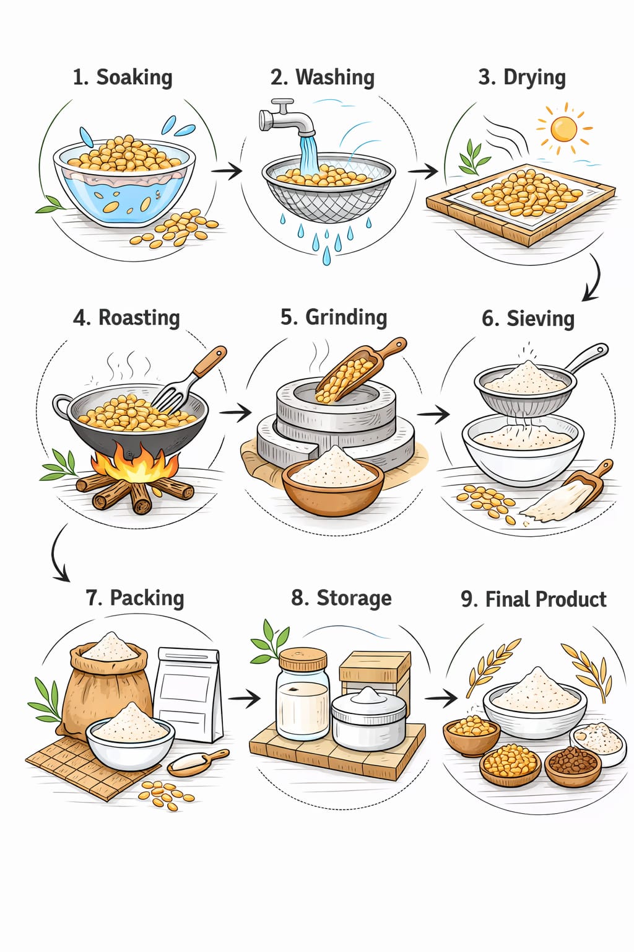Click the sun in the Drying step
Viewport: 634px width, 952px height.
(x=563, y=129)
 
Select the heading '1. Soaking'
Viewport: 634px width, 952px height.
(x=123, y=77)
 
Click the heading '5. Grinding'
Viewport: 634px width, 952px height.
(x=334, y=317)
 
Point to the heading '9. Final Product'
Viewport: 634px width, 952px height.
(x=533, y=599)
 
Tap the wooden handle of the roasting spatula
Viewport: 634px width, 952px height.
(x=210, y=362)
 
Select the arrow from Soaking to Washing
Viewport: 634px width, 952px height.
(x=227, y=171)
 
